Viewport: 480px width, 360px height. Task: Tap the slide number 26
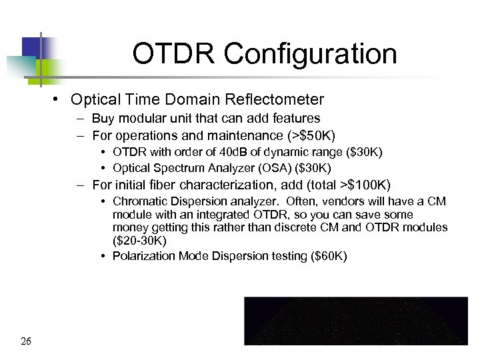[26, 342]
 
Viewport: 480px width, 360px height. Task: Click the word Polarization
[143, 256]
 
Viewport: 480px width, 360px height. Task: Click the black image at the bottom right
[356, 321]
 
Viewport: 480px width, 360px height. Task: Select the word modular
[137, 119]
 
